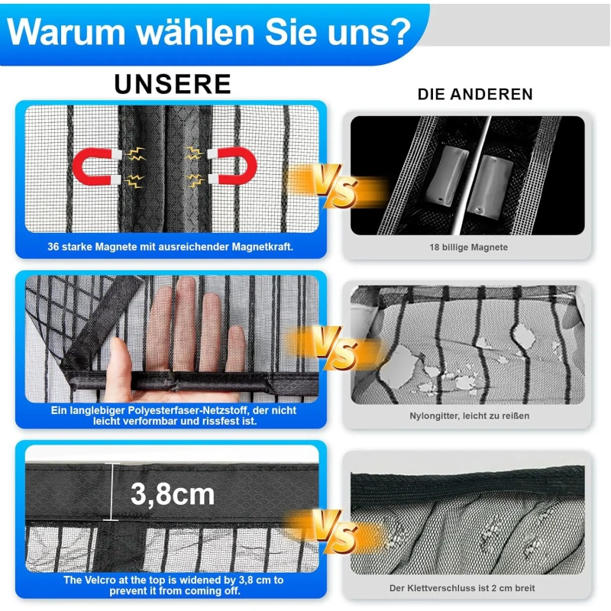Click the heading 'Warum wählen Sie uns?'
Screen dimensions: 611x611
coord(209,32)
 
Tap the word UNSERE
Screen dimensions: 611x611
coord(173,84)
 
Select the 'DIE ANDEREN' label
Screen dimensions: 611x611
coord(475,94)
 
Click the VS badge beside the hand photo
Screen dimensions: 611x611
coord(335,346)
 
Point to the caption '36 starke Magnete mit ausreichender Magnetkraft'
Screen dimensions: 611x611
coord(170,247)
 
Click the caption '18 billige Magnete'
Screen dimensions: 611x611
coord(468,247)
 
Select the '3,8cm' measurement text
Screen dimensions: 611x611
coord(173,494)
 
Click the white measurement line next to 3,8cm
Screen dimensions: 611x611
coord(112,492)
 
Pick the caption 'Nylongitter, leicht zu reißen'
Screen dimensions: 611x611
coord(469,415)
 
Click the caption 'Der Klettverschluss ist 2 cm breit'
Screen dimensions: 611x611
coord(462,588)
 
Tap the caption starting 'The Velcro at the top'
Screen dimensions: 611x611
coord(173,585)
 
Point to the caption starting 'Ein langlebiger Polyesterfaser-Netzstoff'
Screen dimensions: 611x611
coord(174,415)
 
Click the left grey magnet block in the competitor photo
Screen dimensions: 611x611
coord(446,176)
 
